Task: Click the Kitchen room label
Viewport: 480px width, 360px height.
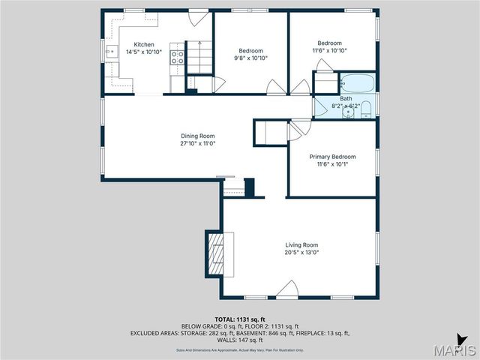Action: [x=144, y=44]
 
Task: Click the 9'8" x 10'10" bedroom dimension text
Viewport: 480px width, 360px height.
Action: [x=250, y=58]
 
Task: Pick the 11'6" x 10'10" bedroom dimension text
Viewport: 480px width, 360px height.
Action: [x=329, y=50]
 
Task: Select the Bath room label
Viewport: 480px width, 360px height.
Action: [x=345, y=98]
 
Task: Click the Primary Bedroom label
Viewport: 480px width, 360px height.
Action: [x=332, y=156]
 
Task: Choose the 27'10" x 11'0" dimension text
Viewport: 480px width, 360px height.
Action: [x=197, y=143]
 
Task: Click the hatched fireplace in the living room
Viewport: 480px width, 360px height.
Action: [x=216, y=256]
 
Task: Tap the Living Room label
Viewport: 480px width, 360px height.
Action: [x=301, y=245]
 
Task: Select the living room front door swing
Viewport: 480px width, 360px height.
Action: [x=287, y=289]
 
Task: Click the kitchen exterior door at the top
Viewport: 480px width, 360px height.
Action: [x=196, y=16]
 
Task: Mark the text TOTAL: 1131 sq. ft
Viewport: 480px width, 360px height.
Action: [x=239, y=319]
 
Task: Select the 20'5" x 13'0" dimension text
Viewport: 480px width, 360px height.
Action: [x=301, y=253]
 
